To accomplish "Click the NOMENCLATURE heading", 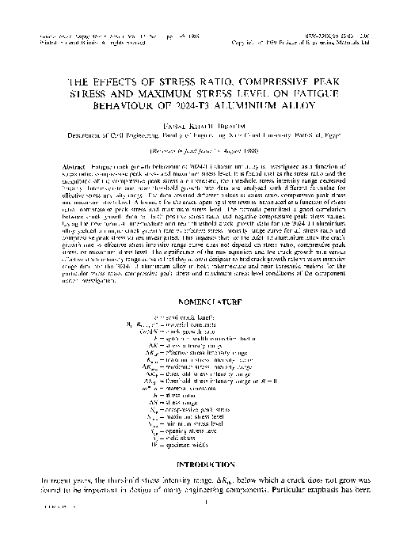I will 204,280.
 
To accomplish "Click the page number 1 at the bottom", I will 204,500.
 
